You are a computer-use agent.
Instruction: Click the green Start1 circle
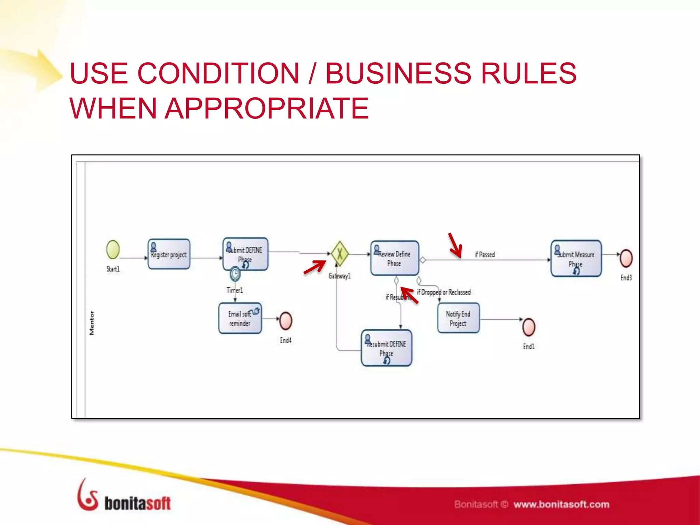click(113, 250)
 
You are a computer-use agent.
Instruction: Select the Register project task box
click(169, 254)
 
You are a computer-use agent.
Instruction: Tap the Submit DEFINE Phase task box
click(245, 254)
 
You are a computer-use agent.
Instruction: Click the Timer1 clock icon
click(235, 273)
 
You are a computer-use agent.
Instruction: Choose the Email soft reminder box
click(240, 318)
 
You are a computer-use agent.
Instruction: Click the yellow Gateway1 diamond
click(340, 254)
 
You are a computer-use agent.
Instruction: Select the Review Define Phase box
click(394, 258)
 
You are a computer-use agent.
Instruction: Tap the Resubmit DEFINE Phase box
click(387, 348)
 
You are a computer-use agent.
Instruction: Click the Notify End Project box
click(458, 318)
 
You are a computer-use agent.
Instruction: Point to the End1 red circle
click(529, 327)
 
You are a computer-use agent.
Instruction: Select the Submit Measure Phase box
click(576, 258)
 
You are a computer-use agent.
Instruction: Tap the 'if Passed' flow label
click(485, 255)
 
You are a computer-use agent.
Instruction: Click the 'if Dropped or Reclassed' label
click(444, 292)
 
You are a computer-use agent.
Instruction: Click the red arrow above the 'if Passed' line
click(455, 245)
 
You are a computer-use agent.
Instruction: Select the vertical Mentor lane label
click(92, 323)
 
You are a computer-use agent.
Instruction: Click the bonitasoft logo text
click(137, 503)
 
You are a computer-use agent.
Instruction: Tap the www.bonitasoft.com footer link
click(561, 504)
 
